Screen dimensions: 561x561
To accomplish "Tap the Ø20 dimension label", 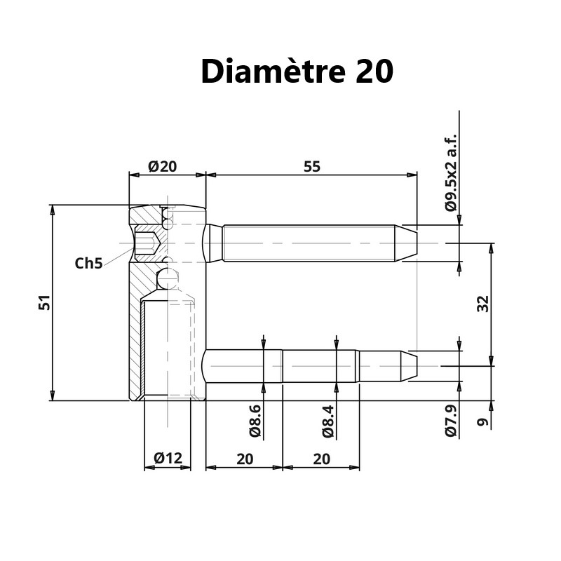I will (163, 166).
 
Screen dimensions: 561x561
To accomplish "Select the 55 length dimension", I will (311, 166).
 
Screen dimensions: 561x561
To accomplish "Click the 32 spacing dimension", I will (482, 304).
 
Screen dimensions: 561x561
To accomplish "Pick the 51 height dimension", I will (43, 303).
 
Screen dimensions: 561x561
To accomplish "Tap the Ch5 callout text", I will (89, 264).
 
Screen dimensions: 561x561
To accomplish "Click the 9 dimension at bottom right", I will (482, 421).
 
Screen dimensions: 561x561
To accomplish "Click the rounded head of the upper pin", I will (212, 243).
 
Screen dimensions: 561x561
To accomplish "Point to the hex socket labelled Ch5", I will (147, 243).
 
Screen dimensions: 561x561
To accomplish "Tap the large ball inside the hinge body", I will (169, 277).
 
